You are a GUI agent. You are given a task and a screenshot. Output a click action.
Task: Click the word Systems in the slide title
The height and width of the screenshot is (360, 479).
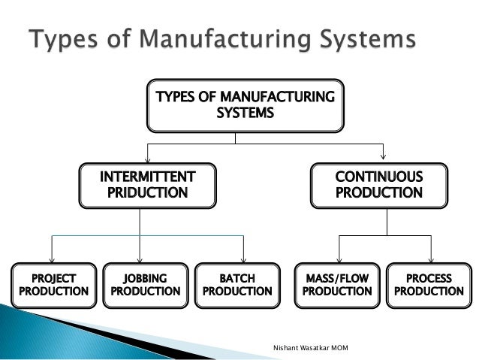click(362, 41)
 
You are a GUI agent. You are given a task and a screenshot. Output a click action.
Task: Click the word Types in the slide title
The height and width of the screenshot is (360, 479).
click(62, 41)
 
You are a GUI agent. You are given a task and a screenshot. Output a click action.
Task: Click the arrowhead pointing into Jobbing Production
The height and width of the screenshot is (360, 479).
click(141, 257)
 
